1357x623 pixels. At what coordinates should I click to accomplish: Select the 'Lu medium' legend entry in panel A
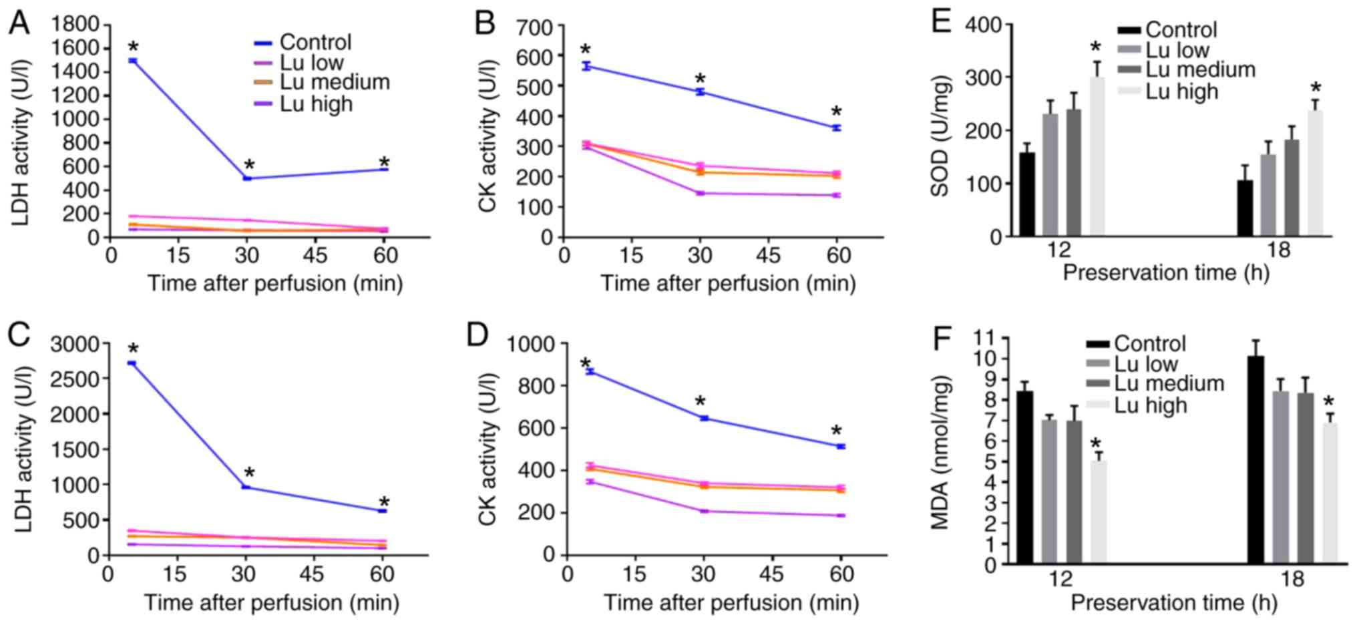334,82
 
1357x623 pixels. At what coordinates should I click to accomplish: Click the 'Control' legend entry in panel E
1181,30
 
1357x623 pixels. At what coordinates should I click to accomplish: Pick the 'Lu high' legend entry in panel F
1150,405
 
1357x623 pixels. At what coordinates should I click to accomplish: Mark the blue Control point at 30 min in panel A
247,178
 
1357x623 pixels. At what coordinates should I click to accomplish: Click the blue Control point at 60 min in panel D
841,446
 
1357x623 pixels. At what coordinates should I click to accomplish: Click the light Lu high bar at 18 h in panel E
1315,174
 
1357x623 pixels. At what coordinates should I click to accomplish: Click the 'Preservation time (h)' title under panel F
1173,603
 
